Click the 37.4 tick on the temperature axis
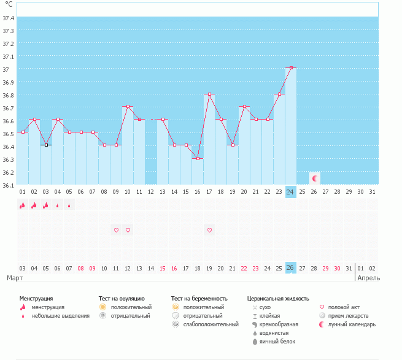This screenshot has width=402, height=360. click(x=8, y=18)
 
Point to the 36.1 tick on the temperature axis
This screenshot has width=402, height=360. click(x=8, y=185)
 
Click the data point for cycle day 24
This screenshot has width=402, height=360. click(x=291, y=67)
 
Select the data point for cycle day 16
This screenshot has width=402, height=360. click(x=198, y=158)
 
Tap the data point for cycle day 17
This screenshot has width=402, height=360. click(x=209, y=94)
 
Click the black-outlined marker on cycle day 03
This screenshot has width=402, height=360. click(x=46, y=145)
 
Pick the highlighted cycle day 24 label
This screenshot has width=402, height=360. click(x=291, y=192)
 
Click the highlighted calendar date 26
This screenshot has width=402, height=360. click(x=291, y=268)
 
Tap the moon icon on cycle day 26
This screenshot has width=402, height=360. click(x=314, y=178)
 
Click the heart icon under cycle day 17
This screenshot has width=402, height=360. click(x=209, y=230)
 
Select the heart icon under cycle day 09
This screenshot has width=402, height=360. click(x=116, y=230)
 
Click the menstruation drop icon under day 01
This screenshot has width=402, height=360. click(x=23, y=205)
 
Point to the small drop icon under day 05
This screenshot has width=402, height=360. click(x=69, y=205)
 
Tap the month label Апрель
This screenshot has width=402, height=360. click(x=368, y=278)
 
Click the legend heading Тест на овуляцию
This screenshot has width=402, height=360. click(x=122, y=298)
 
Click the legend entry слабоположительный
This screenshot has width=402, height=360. click(x=211, y=324)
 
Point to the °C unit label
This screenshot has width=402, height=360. click(x=9, y=4)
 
